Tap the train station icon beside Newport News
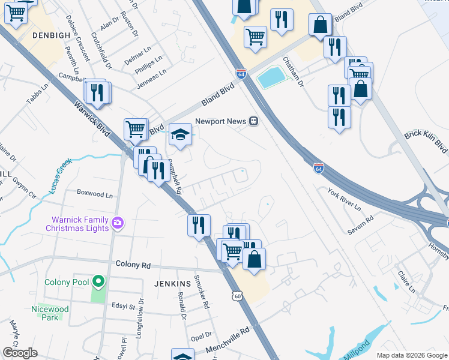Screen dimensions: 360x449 click(x=254, y=121)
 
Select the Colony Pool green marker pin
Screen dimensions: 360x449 click(x=97, y=281)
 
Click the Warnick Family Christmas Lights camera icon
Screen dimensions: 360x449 click(x=117, y=223)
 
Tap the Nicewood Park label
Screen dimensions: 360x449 click(x=50, y=313)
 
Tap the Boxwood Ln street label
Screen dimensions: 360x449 click(x=95, y=194)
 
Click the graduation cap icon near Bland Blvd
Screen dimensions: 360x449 click(x=179, y=135)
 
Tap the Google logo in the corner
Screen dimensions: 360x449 click(x=20, y=353)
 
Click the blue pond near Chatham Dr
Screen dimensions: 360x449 click(x=271, y=77)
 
